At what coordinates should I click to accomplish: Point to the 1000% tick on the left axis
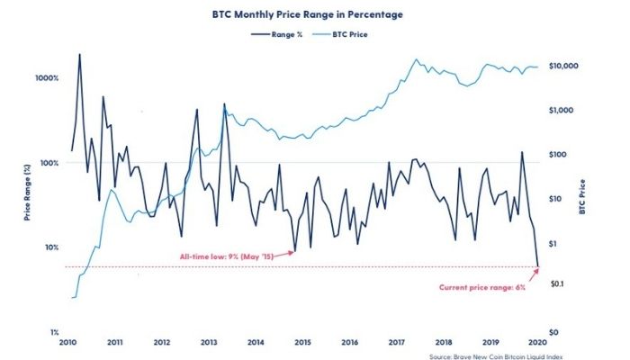46,78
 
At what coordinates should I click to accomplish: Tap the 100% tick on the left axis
48,163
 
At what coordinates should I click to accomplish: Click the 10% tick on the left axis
49,247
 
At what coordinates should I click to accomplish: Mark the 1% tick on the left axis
52,332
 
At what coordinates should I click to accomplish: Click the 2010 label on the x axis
68,343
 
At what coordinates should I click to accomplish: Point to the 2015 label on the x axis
302,343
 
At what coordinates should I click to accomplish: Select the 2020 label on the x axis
537,343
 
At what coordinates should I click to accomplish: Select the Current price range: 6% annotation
483,287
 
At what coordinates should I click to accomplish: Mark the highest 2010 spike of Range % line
79,54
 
